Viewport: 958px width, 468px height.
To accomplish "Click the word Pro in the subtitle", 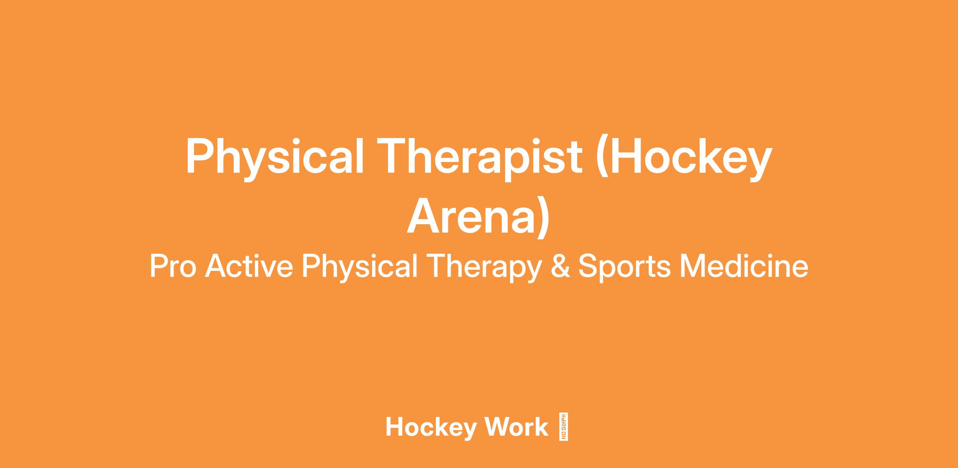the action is pyautogui.click(x=173, y=266).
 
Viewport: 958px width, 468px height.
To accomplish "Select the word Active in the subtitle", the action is pyautogui.click(x=249, y=266).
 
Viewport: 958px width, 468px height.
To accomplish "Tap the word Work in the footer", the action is pyautogui.click(x=516, y=427).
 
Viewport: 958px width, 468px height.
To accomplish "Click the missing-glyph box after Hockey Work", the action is pyautogui.click(x=564, y=427).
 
